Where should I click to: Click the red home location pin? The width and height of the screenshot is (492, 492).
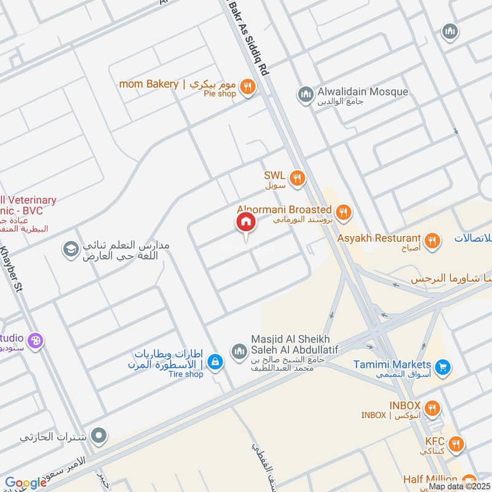[245, 223]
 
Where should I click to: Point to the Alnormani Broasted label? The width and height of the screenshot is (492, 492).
[284, 210]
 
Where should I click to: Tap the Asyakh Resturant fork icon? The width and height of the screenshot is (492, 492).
[432, 240]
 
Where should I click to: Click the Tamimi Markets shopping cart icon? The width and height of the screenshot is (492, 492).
[442, 368]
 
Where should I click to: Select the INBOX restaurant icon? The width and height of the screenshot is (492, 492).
[432, 408]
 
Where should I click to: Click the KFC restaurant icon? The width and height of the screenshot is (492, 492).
[455, 444]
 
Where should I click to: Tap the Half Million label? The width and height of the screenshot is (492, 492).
[430, 479]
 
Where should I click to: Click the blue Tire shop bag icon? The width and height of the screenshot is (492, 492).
[214, 362]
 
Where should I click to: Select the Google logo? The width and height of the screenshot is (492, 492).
[26, 483]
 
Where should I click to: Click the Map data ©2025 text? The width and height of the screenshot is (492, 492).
[458, 486]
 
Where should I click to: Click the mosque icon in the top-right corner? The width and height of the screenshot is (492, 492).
[450, 31]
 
